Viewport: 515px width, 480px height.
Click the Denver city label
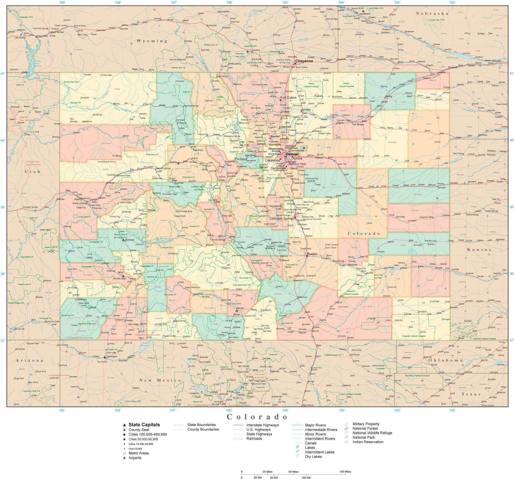292,154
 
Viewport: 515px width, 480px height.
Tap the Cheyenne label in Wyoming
304,61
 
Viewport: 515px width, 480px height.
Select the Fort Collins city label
288,98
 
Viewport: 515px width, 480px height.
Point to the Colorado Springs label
282,218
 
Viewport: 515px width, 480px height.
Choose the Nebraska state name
432,13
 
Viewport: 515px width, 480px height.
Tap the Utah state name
32,172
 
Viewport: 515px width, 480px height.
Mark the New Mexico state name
160,380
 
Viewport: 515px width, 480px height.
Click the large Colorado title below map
257,417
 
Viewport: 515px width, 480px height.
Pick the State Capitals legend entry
144,425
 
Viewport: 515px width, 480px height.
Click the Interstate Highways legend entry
262,425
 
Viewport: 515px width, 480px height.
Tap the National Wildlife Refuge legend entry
372,433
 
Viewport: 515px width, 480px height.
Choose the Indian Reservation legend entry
368,442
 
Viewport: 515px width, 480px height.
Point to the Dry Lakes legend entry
313,457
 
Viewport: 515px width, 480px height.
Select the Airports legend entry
135,458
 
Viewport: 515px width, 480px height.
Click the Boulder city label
275,136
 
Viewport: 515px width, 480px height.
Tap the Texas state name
471,394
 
